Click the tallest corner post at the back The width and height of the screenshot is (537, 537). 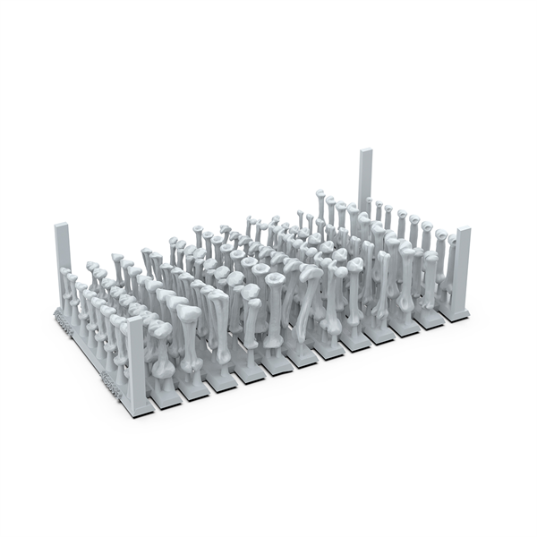(x=364, y=183)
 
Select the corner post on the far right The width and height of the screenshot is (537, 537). (x=461, y=273)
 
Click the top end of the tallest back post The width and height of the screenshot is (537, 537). (x=365, y=152)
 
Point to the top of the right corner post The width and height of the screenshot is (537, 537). (x=463, y=231)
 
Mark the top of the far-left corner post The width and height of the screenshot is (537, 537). (x=62, y=226)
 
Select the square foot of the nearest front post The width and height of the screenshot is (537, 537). (x=137, y=410)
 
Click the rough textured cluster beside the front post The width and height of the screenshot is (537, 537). (x=111, y=385)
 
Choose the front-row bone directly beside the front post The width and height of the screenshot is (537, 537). (x=162, y=358)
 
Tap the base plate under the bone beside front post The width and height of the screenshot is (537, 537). (x=165, y=399)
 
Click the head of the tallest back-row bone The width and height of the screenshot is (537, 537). (x=320, y=193)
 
